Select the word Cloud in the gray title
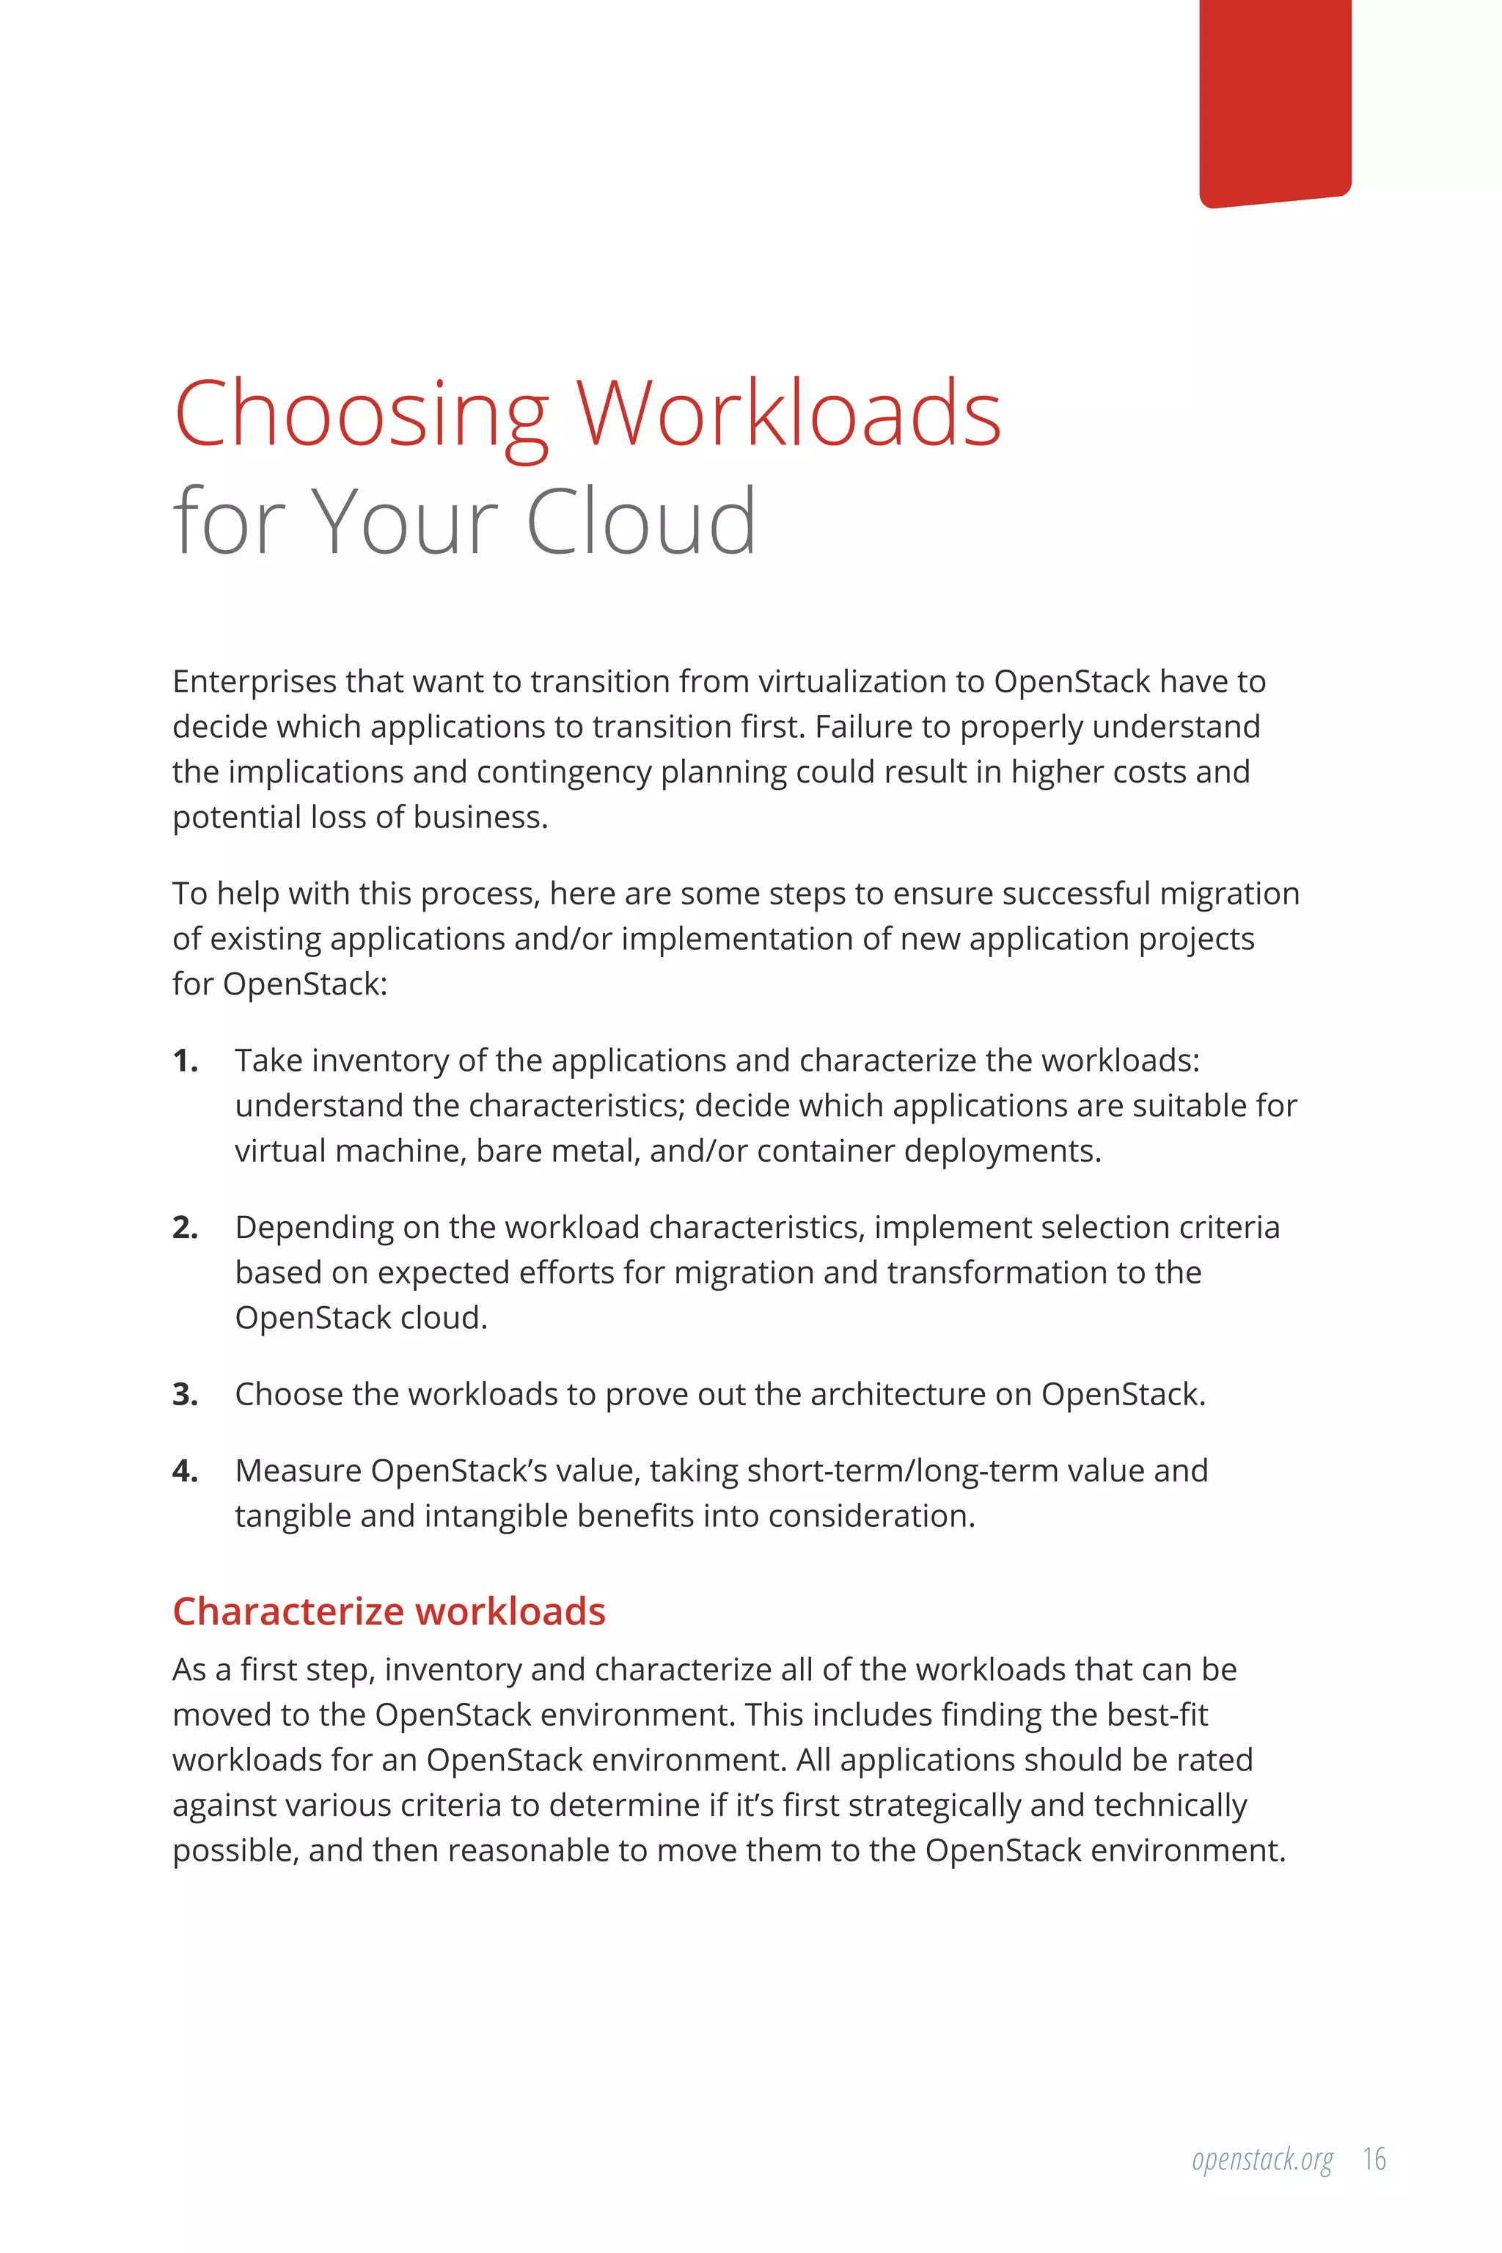(x=641, y=522)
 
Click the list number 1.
(x=185, y=1060)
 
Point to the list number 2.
(x=185, y=1227)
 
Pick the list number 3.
(x=185, y=1395)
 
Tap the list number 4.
(x=185, y=1470)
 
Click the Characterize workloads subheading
(x=389, y=1611)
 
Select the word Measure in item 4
(x=298, y=1470)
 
